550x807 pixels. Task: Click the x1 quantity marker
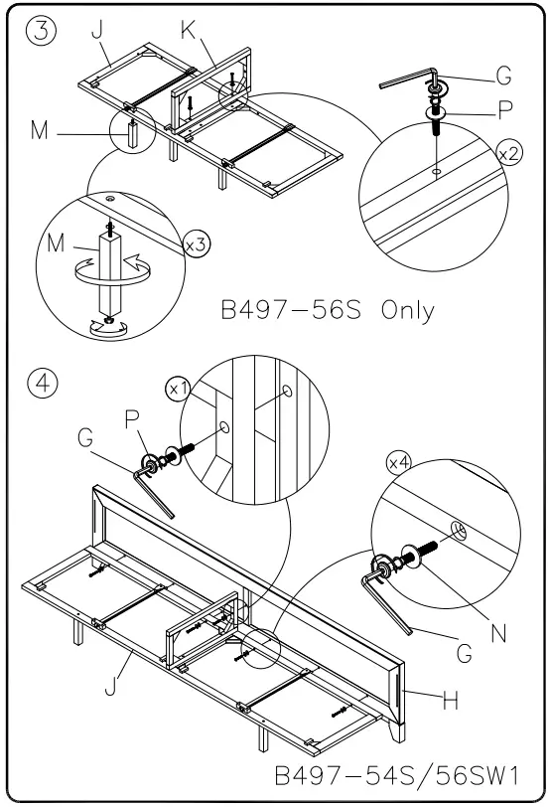pyautogui.click(x=180, y=390)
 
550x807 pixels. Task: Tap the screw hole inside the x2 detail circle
pyautogui.click(x=438, y=171)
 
